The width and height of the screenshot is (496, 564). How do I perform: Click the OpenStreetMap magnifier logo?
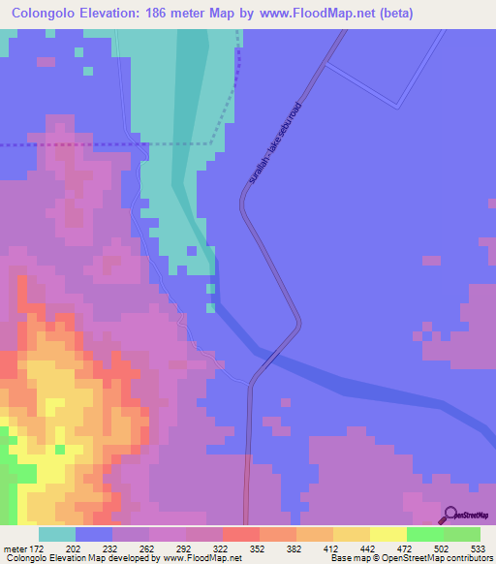pyautogui.click(x=449, y=515)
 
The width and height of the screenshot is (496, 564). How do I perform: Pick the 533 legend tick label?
pyautogui.click(x=478, y=548)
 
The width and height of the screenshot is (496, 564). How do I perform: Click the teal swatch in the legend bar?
pyautogui.click(x=57, y=534)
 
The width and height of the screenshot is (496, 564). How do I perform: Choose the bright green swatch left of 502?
pyautogui.click(x=425, y=534)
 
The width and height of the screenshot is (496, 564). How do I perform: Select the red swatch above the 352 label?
pyautogui.click(x=241, y=534)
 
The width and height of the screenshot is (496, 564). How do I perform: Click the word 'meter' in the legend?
pyautogui.click(x=13, y=548)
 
